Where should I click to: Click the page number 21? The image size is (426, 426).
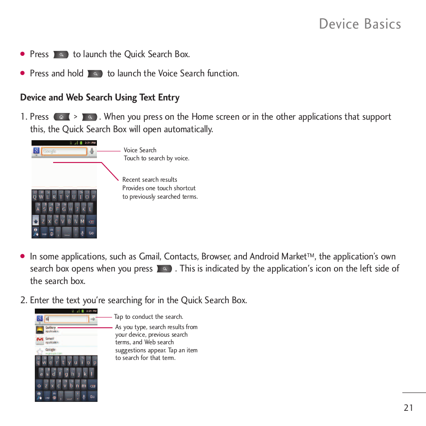(408, 407)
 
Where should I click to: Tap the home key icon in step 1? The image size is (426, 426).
(62, 117)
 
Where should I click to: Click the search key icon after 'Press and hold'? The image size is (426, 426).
(95, 74)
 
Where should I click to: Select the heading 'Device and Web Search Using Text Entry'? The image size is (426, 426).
(100, 97)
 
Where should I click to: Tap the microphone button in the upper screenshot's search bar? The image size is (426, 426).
(92, 151)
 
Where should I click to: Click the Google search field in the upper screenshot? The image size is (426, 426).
(64, 151)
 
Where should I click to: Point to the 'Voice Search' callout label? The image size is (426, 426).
(140, 150)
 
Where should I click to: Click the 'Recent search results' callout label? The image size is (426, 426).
(150, 180)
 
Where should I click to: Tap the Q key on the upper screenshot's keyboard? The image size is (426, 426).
(35, 197)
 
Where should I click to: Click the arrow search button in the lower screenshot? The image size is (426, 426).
(92, 319)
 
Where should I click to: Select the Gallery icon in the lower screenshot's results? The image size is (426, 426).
(40, 330)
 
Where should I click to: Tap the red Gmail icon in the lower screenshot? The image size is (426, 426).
(40, 340)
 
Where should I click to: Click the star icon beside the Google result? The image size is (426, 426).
(40, 351)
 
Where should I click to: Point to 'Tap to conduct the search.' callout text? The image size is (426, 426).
(148, 317)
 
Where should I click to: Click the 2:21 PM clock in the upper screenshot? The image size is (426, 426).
(91, 143)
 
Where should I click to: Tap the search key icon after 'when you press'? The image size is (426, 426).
(165, 269)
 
